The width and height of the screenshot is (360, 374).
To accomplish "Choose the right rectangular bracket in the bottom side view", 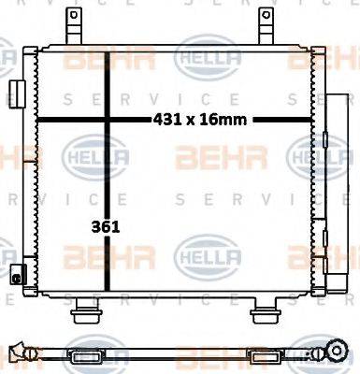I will (261, 355).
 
